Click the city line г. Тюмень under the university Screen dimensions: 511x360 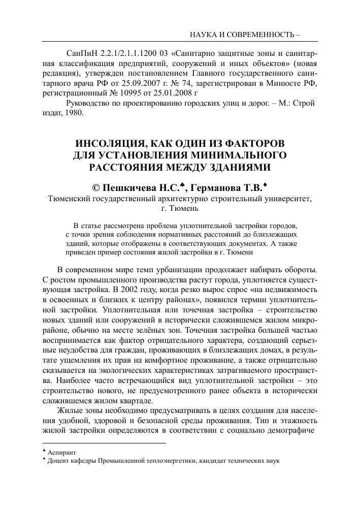point(180,208)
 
